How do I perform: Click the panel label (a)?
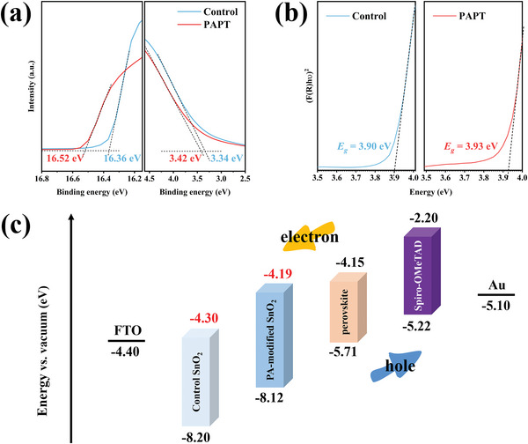18,17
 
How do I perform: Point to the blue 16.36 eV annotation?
121,159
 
